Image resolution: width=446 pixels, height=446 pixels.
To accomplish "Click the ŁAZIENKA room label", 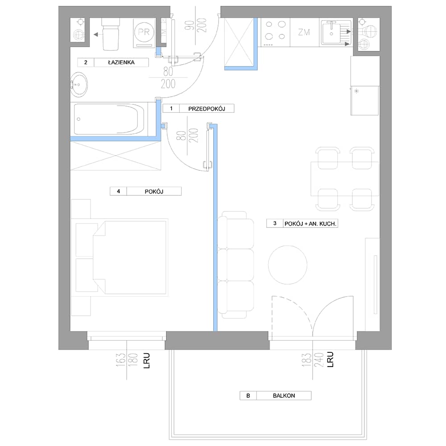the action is click(121, 62).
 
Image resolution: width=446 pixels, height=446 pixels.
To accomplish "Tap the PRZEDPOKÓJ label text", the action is click(206, 109).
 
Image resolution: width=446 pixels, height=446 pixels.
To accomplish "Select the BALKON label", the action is click(284, 396).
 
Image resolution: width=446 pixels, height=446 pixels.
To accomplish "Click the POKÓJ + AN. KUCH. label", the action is click(310, 224).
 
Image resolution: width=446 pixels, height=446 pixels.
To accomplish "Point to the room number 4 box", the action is click(118, 191).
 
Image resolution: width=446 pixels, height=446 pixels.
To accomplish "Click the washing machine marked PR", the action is click(144, 33).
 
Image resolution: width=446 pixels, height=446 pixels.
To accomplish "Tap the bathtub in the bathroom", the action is click(110, 119).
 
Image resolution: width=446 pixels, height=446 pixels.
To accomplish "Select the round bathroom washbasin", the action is click(79, 84).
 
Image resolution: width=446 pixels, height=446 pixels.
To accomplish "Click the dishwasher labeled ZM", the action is click(304, 32).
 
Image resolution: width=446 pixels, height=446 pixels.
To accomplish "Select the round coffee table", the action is click(288, 265).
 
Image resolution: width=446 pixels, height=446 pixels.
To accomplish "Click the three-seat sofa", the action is click(236, 265).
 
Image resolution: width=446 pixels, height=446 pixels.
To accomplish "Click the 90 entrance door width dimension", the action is click(188, 25).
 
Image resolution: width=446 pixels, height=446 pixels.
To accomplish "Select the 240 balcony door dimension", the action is click(319, 359).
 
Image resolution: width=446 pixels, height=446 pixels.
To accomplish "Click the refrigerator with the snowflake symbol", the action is click(365, 100).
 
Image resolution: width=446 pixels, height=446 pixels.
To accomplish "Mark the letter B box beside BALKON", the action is click(248, 396).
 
